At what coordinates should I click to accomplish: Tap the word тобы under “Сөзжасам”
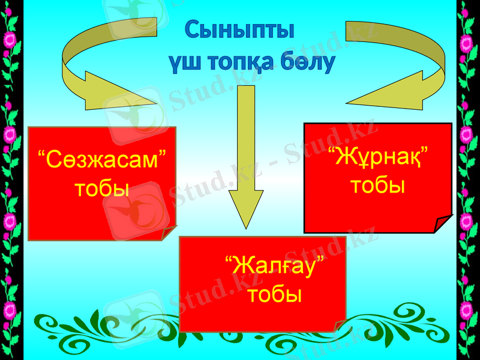coord(102,188)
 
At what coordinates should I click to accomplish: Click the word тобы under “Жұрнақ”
coord(377,185)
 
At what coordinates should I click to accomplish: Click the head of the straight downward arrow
coord(246,207)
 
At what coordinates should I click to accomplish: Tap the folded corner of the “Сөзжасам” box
coord(168,233)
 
